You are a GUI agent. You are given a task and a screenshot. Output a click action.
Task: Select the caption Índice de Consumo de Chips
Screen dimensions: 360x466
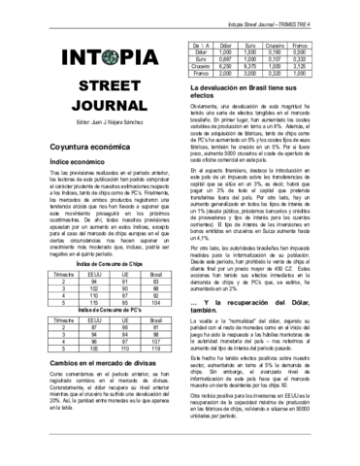(x=88, y=290)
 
